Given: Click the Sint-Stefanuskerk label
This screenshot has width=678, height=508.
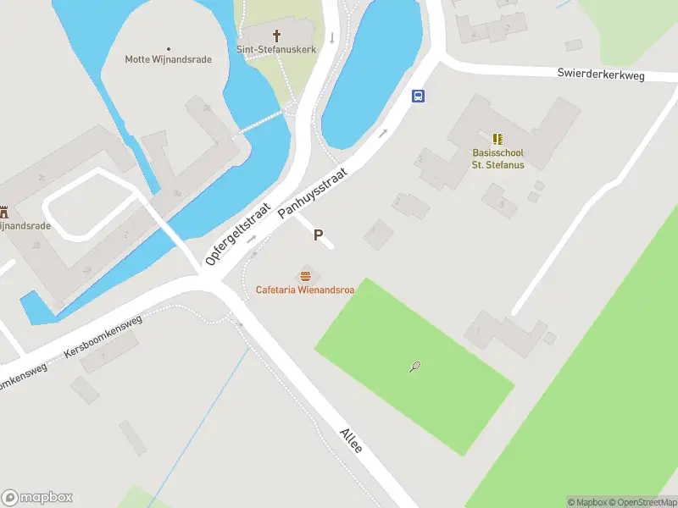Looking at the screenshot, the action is click(x=276, y=50).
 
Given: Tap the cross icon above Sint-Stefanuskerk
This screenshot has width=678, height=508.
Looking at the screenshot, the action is click(x=276, y=36).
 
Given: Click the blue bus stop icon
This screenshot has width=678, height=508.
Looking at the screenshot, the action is click(x=419, y=96).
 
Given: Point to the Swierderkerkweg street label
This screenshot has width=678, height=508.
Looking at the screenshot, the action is click(x=601, y=75).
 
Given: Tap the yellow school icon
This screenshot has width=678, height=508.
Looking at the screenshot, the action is click(x=497, y=138).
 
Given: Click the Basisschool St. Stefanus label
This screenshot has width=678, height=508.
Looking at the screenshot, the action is click(x=497, y=158).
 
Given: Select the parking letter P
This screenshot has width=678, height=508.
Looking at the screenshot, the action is click(x=319, y=235).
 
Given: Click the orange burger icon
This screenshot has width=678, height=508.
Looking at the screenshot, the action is click(x=305, y=276).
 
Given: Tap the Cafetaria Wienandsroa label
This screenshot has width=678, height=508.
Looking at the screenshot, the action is click(x=305, y=290).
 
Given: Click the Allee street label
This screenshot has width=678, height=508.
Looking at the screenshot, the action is click(x=351, y=439).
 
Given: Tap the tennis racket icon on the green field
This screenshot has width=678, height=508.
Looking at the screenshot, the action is click(x=415, y=367).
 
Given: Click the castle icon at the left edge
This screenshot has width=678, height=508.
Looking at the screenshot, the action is click(x=4, y=212).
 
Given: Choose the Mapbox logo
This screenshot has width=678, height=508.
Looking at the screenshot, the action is click(x=37, y=498).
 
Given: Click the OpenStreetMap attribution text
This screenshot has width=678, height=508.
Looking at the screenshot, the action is click(x=647, y=502).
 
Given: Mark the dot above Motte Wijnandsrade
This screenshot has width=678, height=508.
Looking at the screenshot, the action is click(x=168, y=48).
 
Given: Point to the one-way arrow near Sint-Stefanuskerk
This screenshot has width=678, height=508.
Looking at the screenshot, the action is click(x=332, y=37).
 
